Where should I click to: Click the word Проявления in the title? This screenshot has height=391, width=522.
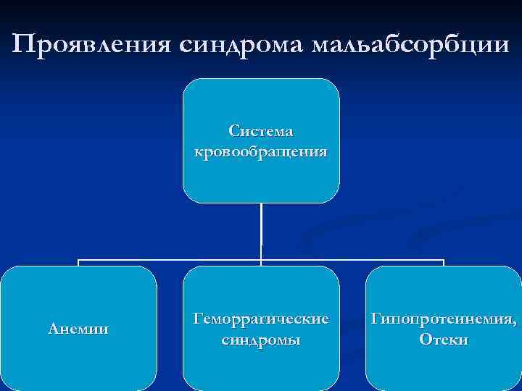(91, 45)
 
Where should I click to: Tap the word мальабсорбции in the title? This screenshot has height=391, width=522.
(410, 45)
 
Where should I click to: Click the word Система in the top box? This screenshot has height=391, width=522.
(261, 131)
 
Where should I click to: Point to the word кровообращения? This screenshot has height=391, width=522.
(261, 152)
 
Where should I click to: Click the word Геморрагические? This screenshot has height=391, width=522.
(261, 318)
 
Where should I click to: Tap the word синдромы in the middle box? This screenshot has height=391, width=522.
(261, 339)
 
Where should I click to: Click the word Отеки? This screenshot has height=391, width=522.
(443, 339)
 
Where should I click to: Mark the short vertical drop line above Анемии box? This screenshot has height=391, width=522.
(78, 263)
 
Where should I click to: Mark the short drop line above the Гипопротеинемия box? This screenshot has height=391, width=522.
(443, 263)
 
